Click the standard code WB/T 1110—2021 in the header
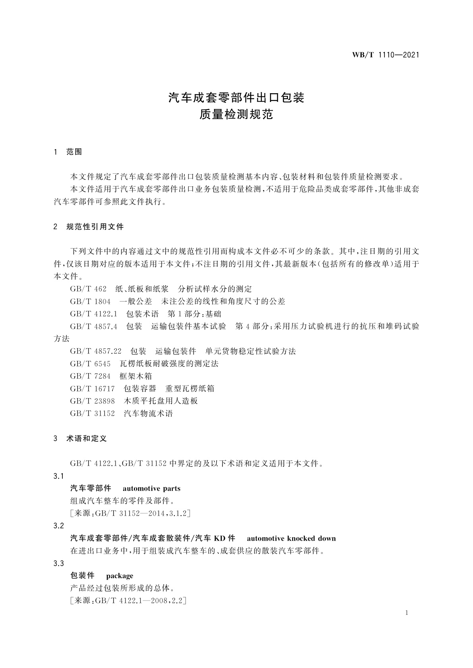click(x=385, y=55)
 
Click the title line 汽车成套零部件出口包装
click(x=236, y=98)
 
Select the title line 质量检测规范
click(x=236, y=115)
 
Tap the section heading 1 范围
click(x=68, y=152)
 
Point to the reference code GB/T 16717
click(x=92, y=388)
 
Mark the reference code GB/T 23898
click(x=92, y=401)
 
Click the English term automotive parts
click(x=151, y=488)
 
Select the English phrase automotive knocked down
click(x=291, y=538)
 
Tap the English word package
click(x=120, y=576)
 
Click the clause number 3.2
click(x=58, y=526)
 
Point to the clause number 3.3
click(x=58, y=563)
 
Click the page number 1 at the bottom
click(x=407, y=613)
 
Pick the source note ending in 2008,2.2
click(x=128, y=601)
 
